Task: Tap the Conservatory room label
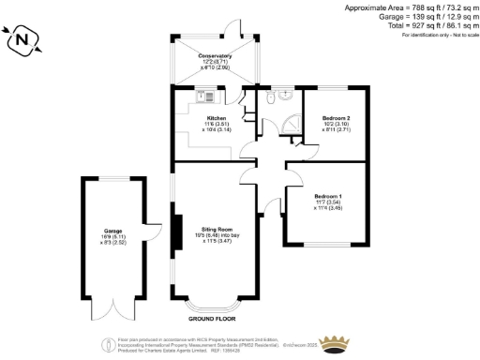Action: (215, 56)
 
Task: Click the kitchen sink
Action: (208, 94)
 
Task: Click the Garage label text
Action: (113, 231)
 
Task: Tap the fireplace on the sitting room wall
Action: (173, 233)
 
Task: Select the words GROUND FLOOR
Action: (210, 320)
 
